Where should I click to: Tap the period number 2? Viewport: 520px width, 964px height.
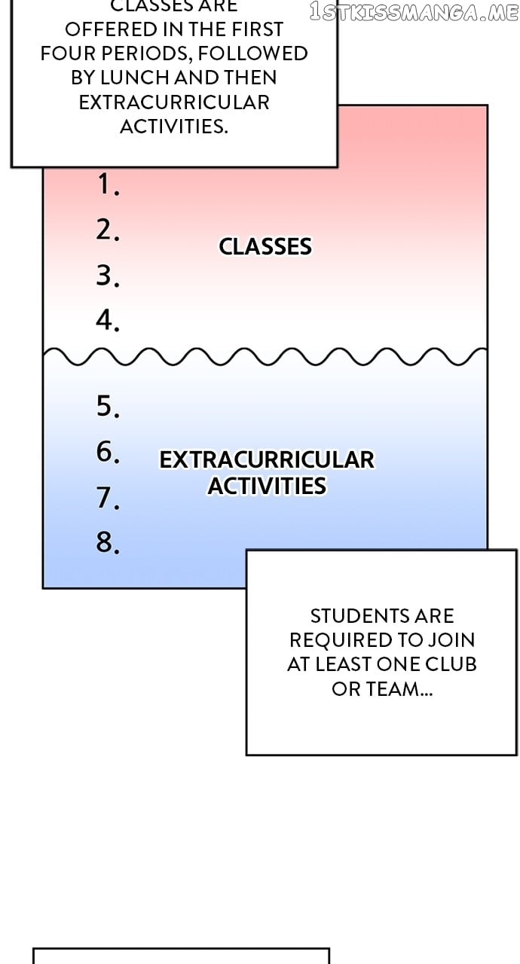click(x=106, y=230)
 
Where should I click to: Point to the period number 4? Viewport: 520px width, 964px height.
click(x=106, y=321)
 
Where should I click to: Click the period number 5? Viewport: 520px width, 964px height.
click(x=106, y=407)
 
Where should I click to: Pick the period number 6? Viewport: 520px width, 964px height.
click(x=106, y=452)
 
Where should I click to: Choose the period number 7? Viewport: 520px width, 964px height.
click(x=106, y=497)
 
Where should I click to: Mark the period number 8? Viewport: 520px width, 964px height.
click(x=106, y=542)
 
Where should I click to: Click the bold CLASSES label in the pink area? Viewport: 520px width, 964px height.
click(x=265, y=247)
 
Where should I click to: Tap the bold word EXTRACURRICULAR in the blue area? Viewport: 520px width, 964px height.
click(x=267, y=460)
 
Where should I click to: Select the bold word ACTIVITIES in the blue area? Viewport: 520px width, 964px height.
click(x=267, y=487)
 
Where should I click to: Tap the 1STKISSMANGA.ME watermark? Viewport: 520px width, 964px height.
click(x=414, y=12)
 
